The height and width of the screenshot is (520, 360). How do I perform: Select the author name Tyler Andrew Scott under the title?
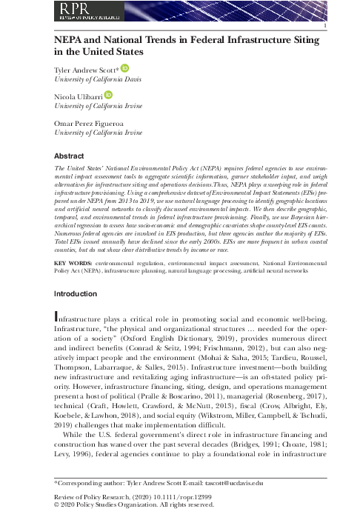click(x=86, y=69)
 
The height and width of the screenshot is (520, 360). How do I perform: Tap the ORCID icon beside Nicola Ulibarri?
click(x=108, y=96)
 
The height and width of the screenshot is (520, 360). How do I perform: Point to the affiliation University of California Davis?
click(x=98, y=79)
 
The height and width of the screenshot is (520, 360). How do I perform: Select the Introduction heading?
click(x=78, y=293)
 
